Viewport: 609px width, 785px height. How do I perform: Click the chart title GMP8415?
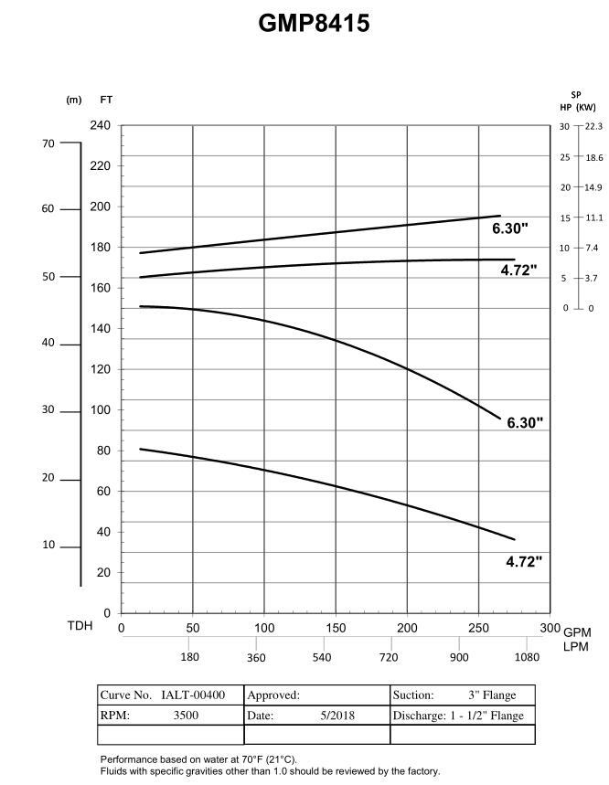tap(314, 24)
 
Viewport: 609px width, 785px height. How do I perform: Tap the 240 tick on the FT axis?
tap(101, 125)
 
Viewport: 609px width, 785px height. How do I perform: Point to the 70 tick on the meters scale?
tap(48, 143)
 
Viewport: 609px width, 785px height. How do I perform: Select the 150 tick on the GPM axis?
tap(336, 628)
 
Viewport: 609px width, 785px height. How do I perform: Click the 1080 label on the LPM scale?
tap(526, 657)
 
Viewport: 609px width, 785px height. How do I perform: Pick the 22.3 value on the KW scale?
tap(593, 126)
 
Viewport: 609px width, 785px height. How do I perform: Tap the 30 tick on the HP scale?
tap(564, 126)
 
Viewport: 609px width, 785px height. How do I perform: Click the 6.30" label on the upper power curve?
tap(511, 228)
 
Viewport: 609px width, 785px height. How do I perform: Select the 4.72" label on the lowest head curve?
tap(524, 562)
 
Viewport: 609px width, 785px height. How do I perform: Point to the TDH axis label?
tap(80, 627)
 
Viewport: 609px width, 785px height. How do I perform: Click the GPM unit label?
tap(577, 632)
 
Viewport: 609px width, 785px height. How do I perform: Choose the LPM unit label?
tap(577, 647)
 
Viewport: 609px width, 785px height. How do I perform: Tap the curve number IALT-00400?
tap(193, 695)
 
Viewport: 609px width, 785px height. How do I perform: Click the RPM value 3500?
tap(186, 716)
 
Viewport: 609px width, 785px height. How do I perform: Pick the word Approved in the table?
tap(273, 695)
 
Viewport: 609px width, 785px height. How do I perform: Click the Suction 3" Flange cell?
tap(454, 695)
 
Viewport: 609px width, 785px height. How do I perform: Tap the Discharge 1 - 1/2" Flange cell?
tap(458, 716)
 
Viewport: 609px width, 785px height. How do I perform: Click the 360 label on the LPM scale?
tap(256, 657)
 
